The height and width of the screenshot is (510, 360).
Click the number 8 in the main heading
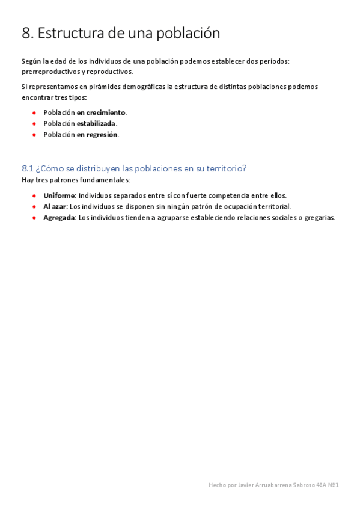[x=26, y=34]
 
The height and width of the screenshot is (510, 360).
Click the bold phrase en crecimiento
[x=101, y=112]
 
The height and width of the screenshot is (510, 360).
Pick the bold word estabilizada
[x=96, y=123]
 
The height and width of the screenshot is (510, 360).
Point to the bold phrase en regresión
[x=97, y=134]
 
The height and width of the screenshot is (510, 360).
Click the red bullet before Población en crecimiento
[x=34, y=112]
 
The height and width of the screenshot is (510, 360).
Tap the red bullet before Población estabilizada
[x=34, y=123]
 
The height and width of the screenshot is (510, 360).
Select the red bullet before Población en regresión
[x=34, y=134]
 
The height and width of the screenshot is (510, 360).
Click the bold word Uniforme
[x=59, y=195]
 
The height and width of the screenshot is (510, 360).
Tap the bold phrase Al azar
[x=55, y=206]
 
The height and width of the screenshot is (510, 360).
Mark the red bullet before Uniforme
[x=34, y=195]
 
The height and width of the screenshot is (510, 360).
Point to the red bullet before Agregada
[x=34, y=217]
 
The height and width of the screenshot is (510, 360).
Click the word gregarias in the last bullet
[x=319, y=217]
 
